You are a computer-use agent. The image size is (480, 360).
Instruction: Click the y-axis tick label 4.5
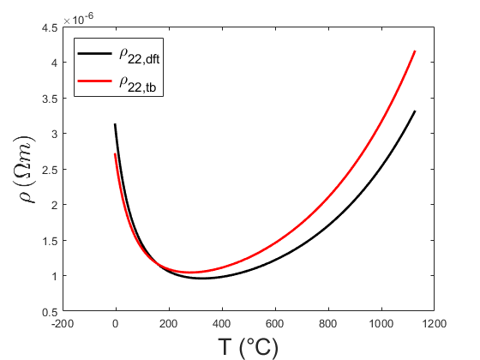pyautogui.click(x=50, y=27)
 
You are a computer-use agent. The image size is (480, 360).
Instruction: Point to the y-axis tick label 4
pyautogui.click(x=53, y=63)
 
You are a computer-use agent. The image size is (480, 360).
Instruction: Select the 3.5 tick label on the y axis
pyautogui.click(x=50, y=99)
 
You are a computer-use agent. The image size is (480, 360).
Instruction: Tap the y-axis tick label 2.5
pyautogui.click(x=50, y=170)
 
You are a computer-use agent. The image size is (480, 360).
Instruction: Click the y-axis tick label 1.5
pyautogui.click(x=50, y=241)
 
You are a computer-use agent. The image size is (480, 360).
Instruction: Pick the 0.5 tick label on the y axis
pyautogui.click(x=50, y=312)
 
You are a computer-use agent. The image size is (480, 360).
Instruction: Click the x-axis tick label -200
pyautogui.click(x=62, y=325)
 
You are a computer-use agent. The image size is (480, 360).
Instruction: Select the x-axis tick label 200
pyautogui.click(x=168, y=325)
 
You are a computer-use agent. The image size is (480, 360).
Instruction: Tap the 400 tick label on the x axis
pyautogui.click(x=221, y=325)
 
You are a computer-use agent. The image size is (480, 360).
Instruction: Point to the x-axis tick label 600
pyautogui.click(x=274, y=325)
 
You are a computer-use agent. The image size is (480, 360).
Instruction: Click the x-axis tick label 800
pyautogui.click(x=327, y=325)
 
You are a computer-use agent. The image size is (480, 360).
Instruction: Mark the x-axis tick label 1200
pyautogui.click(x=434, y=325)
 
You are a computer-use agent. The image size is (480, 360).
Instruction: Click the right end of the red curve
pyautogui.click(x=415, y=51)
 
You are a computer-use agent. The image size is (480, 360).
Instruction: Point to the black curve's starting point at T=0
pyautogui.click(x=115, y=124)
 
